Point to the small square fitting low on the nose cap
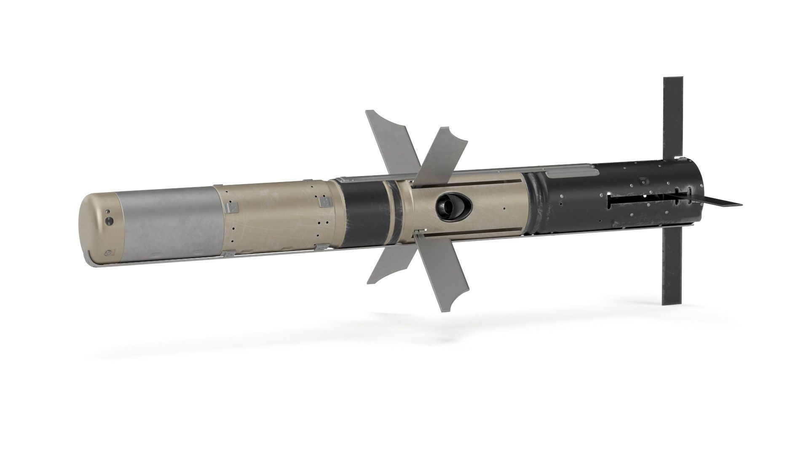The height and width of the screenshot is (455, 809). click(x=110, y=253)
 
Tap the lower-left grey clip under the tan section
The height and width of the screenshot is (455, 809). click(x=230, y=254)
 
